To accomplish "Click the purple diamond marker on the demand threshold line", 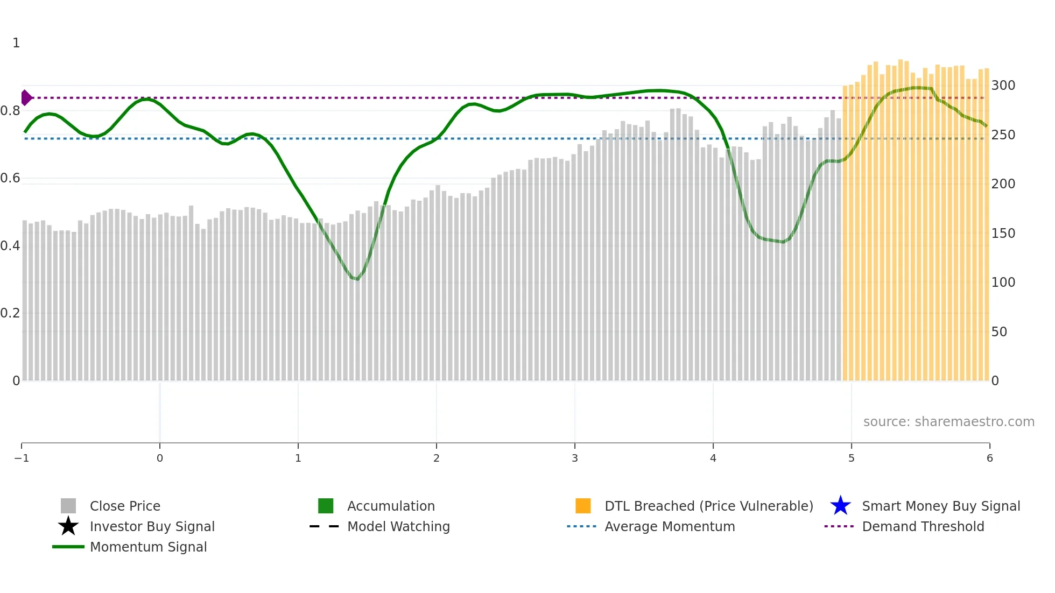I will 26,98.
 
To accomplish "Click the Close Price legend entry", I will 124,506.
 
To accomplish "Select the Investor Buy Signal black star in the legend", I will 68,526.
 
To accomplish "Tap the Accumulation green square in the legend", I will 326,506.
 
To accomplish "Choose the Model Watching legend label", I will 398,526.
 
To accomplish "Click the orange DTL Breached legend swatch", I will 583,506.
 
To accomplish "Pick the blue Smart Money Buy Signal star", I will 840,506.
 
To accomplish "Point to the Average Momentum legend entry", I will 669,526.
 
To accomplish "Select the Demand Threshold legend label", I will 923,526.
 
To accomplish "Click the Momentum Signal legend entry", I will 148,547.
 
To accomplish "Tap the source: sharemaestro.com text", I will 948,422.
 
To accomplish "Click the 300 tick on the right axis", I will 1003,86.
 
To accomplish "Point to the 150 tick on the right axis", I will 1003,234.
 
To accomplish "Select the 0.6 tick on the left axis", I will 10,178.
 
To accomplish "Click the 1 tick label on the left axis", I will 16,43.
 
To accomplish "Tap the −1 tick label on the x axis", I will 22,458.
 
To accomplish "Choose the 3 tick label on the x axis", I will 575,458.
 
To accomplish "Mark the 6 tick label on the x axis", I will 989,458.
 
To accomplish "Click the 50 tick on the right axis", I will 999,332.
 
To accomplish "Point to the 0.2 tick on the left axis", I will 10,313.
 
